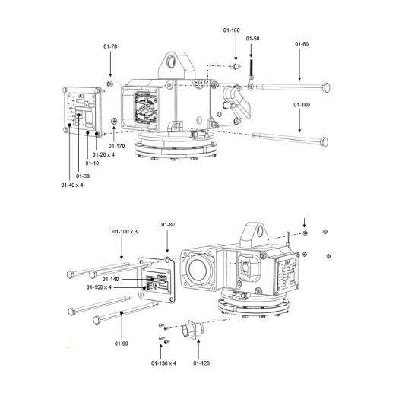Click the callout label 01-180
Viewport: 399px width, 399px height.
[x=232, y=30]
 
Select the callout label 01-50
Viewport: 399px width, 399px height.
[x=252, y=38]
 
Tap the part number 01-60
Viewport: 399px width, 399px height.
[x=302, y=44]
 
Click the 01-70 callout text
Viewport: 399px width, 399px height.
[x=110, y=47]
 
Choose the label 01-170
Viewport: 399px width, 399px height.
[x=117, y=145]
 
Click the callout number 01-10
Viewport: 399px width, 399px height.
[x=92, y=163]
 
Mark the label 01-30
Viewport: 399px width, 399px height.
[x=83, y=176]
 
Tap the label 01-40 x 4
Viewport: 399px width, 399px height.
[x=72, y=185]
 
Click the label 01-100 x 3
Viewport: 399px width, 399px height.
[x=125, y=231]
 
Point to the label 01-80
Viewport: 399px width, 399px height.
[x=168, y=225]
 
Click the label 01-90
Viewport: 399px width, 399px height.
[x=122, y=344]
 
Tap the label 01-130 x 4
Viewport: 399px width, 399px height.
[x=163, y=363]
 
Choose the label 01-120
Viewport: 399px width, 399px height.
[x=201, y=363]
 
